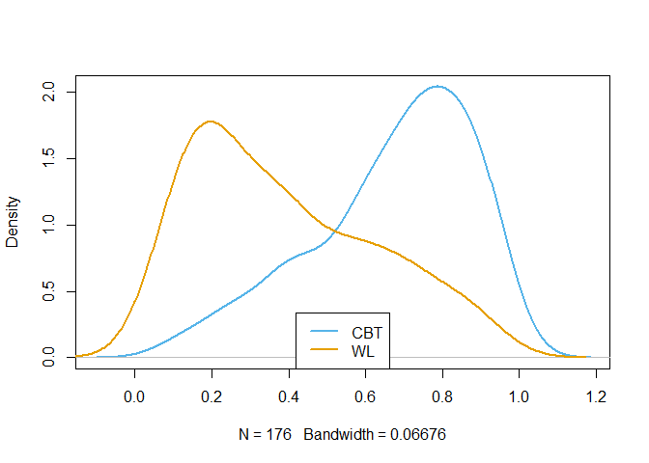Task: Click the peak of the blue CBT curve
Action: [x=437, y=87]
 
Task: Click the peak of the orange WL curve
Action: [x=211, y=122]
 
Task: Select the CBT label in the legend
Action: [x=367, y=333]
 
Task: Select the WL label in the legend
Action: [x=362, y=351]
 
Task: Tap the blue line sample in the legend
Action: [x=324, y=331]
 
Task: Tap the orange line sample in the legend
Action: [x=324, y=349]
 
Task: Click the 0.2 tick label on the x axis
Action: [x=212, y=396]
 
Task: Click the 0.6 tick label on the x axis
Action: [x=365, y=396]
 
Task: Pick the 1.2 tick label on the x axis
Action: [x=596, y=396]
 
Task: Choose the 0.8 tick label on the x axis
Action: [x=442, y=396]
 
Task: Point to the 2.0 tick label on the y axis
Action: [x=48, y=92]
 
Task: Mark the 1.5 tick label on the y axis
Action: [x=48, y=158]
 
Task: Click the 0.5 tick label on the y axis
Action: [x=48, y=291]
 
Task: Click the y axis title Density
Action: [x=12, y=222]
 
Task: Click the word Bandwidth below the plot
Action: [x=338, y=434]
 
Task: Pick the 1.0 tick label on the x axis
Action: [x=519, y=396]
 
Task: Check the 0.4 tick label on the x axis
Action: [x=289, y=396]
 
